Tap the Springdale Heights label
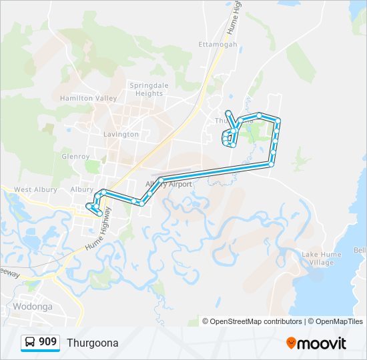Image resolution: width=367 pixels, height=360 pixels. click(145, 89)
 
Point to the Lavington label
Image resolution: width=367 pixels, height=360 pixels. click(121, 134)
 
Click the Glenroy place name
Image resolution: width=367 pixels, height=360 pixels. click(75, 157)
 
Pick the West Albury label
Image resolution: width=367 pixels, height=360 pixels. click(35, 190)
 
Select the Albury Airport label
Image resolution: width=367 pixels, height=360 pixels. click(169, 184)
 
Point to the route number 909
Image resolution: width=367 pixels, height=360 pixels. click(47, 342)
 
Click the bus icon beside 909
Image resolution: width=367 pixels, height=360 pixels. click(31, 342)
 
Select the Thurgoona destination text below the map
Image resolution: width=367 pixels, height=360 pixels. click(92, 343)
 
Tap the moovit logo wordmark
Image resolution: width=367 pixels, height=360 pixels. click(322, 343)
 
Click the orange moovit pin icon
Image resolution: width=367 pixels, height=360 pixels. click(292, 343)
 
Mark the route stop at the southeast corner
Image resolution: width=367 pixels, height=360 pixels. click(271, 164)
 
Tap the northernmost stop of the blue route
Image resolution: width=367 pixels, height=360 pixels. click(229, 113)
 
